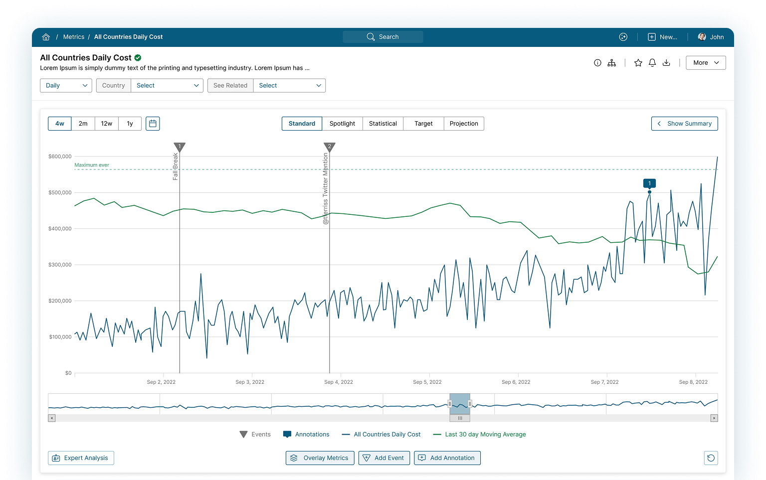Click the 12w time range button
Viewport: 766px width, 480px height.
pyautogui.click(x=106, y=124)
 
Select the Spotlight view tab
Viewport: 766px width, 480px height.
pyautogui.click(x=342, y=124)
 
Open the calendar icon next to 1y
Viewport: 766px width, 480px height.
pyautogui.click(x=153, y=124)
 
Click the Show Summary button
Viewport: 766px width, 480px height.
pyautogui.click(x=684, y=124)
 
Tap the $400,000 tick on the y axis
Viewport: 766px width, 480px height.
pyautogui.click(x=60, y=229)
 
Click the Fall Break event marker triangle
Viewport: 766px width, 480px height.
pyautogui.click(x=180, y=147)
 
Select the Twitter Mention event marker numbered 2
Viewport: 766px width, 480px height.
pyautogui.click(x=329, y=147)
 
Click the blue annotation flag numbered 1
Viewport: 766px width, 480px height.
pyautogui.click(x=649, y=183)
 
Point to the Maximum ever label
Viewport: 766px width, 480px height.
pyautogui.click(x=92, y=165)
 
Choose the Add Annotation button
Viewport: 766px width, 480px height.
pyautogui.click(x=447, y=458)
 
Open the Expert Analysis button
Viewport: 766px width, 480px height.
pyautogui.click(x=81, y=458)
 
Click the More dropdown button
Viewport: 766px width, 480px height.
pyautogui.click(x=706, y=63)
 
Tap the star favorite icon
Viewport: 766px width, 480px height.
pyautogui.click(x=638, y=63)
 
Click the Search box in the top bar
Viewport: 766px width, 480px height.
pyautogui.click(x=383, y=37)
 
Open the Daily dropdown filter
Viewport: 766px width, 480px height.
pyautogui.click(x=66, y=86)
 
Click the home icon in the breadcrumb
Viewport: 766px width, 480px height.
pyautogui.click(x=46, y=37)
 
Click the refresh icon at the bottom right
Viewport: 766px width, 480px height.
pyautogui.click(x=711, y=458)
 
